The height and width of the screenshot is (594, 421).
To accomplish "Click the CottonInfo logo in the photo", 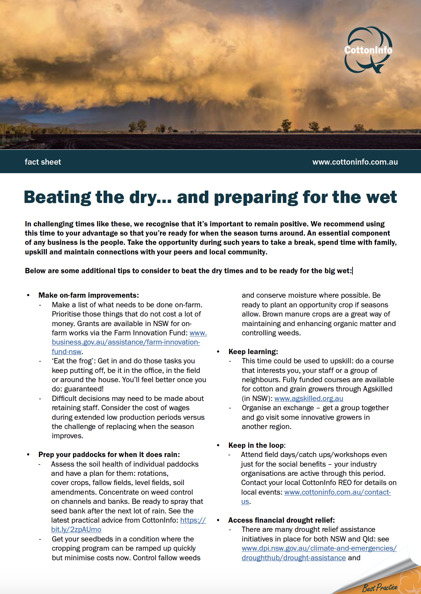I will [368, 50].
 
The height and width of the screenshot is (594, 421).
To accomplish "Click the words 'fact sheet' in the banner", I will [43, 162].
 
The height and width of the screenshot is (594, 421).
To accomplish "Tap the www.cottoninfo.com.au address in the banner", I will [355, 162].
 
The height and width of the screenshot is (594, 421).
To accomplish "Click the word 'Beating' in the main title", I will [57, 197].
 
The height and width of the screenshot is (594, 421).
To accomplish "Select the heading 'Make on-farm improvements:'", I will [88, 295].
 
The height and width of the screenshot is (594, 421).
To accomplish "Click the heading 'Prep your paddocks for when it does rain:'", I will [109, 455].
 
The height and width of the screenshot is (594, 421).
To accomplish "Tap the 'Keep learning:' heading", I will [253, 352].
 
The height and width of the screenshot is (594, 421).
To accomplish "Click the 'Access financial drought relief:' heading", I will [281, 520].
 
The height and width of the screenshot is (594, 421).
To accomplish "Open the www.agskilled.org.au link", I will [309, 398].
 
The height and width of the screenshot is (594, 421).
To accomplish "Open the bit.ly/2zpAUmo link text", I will [76, 529].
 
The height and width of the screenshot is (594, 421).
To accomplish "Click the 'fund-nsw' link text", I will [67, 352].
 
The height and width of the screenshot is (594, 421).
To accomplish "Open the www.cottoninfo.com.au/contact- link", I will [337, 492].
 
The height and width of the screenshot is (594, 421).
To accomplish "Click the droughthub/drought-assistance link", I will [294, 558].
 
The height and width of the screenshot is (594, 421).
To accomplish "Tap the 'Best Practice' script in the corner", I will [379, 587].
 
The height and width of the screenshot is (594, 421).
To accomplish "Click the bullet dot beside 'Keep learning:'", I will [218, 352].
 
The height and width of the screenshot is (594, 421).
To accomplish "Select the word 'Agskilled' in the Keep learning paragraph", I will [374, 389].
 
